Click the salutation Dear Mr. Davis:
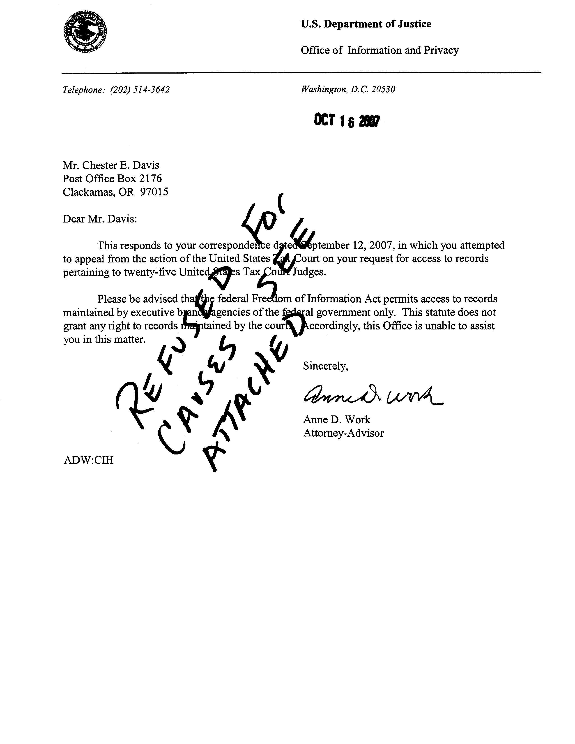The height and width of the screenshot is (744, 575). (100, 218)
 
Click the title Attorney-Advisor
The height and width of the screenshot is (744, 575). (343, 433)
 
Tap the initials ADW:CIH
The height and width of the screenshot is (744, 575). (88, 460)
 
